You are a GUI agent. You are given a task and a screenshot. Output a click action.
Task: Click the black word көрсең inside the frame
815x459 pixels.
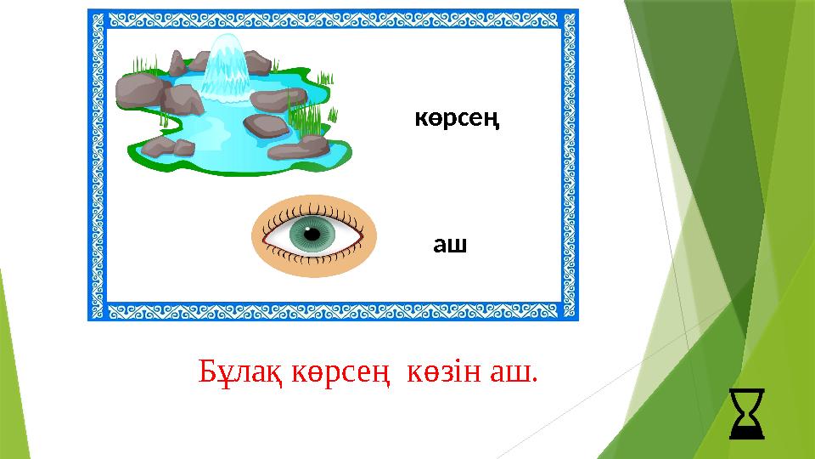[456, 120]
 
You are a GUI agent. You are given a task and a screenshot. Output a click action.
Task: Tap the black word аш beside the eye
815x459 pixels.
[451, 246]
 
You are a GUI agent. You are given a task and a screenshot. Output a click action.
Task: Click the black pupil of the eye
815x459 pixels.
[312, 234]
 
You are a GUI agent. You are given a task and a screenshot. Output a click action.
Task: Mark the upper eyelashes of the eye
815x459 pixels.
[312, 207]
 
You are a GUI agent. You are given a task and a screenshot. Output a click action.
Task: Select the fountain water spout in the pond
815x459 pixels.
[225, 64]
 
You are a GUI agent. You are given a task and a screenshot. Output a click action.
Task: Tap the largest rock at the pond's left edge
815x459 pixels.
[140, 89]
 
